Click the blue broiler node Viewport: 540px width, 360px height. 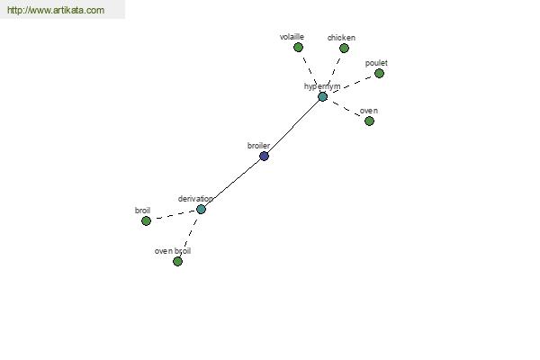(x=264, y=156)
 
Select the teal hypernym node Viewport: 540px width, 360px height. (x=322, y=96)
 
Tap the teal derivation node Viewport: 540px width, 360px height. (x=201, y=209)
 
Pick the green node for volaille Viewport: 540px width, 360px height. (x=298, y=48)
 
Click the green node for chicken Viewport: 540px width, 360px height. (x=344, y=49)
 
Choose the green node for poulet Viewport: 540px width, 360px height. (x=379, y=74)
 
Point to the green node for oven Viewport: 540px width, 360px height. (x=369, y=121)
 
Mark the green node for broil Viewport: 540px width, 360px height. (x=146, y=220)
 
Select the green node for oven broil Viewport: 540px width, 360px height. (x=177, y=261)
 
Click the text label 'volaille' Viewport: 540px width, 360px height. (x=292, y=37)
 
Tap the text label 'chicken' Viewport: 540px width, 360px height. (x=341, y=38)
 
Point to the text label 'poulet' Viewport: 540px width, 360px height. (x=376, y=63)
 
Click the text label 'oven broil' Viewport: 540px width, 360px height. (x=173, y=250)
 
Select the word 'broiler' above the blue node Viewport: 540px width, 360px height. (x=258, y=145)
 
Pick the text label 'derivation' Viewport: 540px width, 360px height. (x=195, y=198)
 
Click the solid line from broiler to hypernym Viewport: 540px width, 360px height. (x=293, y=126)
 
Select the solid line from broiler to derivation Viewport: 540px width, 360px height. (x=232, y=182)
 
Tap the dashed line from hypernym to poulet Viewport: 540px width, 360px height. (x=351, y=85)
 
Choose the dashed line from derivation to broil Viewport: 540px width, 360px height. (x=173, y=215)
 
